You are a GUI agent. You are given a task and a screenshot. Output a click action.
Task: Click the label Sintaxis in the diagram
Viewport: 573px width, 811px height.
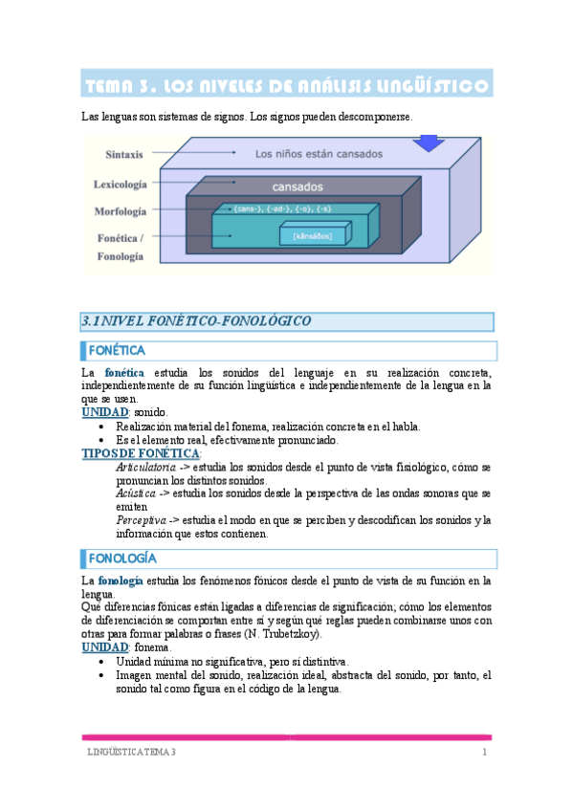tap(124, 153)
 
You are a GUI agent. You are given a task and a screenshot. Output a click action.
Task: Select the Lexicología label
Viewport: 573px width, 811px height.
tap(120, 183)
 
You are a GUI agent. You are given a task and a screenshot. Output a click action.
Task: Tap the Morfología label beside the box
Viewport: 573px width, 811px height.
tap(121, 210)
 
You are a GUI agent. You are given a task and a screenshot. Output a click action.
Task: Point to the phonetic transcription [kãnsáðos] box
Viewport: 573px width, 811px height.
tap(306, 235)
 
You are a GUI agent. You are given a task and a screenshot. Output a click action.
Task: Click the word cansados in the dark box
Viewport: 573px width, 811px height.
tap(298, 186)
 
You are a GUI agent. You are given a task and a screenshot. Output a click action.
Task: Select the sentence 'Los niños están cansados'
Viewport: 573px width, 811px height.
tap(319, 153)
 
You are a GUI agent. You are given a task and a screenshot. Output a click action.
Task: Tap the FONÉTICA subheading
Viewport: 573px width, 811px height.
tap(117, 351)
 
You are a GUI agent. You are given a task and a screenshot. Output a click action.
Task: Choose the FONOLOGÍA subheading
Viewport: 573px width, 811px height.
tap(123, 558)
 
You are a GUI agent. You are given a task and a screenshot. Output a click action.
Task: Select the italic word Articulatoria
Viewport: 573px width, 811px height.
tap(144, 467)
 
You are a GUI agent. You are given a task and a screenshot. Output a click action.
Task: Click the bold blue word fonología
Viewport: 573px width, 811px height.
tap(121, 581)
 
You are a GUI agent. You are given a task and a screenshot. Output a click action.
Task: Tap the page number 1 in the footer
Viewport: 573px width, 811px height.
tap(485, 753)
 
